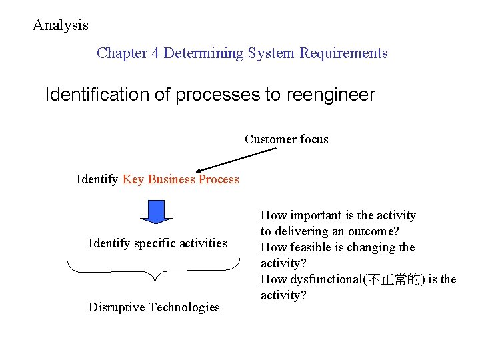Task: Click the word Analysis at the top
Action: [61, 25]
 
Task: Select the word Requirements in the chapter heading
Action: [343, 53]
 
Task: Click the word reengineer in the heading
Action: [331, 95]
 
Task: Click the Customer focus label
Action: [286, 139]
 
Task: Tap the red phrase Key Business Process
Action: [181, 179]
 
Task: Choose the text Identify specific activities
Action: [157, 243]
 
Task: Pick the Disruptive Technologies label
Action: [154, 307]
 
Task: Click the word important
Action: [314, 215]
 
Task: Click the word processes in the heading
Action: [216, 95]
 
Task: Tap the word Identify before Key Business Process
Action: [97, 179]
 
